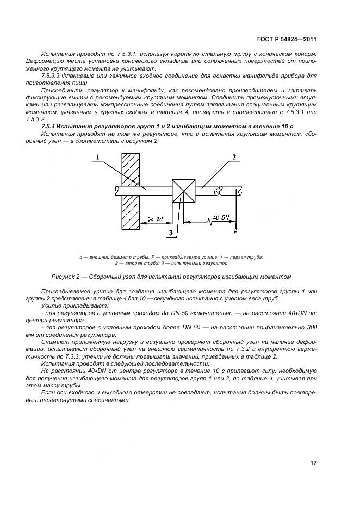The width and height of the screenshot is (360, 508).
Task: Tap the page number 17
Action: [x=314, y=463]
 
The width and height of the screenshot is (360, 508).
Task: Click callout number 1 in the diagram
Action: [x=97, y=158]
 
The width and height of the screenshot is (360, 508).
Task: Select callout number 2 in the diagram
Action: [x=234, y=157]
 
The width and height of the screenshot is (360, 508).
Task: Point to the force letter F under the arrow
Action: [x=235, y=232]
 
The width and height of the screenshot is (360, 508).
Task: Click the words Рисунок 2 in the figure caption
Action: [x=66, y=277]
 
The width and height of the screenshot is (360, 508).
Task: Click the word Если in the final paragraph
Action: [x=48, y=392]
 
